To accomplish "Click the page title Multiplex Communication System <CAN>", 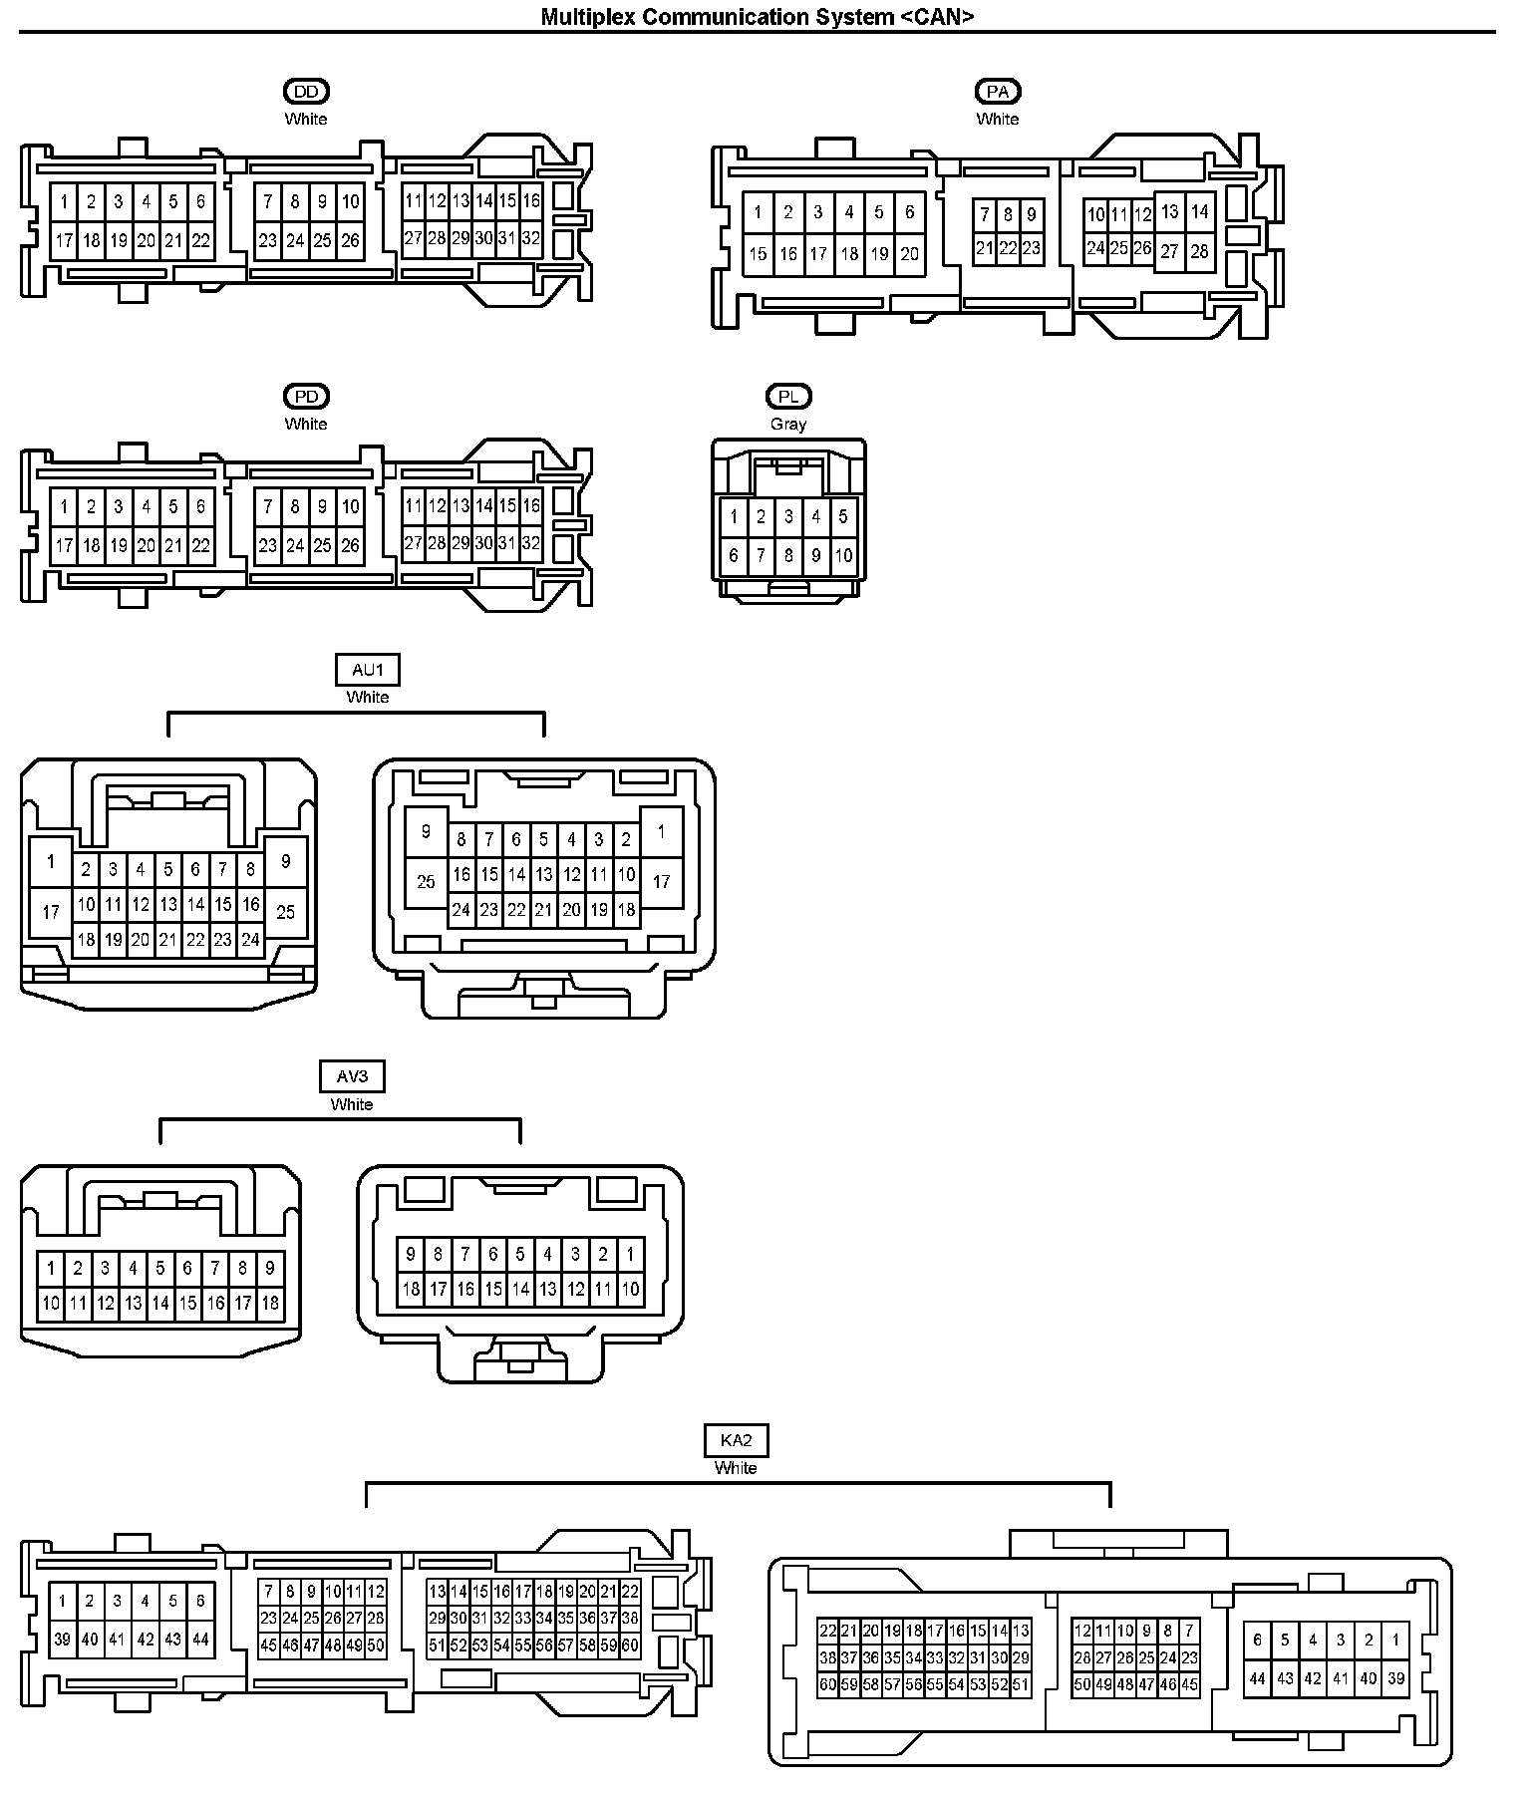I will (757, 16).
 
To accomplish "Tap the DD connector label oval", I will (306, 92).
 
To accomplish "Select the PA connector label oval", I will (998, 92).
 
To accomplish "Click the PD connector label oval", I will (306, 397).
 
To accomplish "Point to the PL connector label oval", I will (788, 397).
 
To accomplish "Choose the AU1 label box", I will (368, 671).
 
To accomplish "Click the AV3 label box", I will (352, 1076).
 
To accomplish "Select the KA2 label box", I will (736, 1440).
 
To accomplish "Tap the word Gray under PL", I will (788, 424).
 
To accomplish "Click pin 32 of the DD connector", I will (531, 239).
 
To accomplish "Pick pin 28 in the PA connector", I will (1199, 251).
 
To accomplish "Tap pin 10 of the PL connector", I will (843, 555).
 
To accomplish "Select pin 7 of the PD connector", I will (268, 506).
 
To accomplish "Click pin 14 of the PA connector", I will (1199, 211).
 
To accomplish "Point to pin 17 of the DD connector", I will (64, 240).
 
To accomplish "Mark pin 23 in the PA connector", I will (1032, 248).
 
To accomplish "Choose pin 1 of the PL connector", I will (734, 516).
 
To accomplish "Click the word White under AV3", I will (352, 1104).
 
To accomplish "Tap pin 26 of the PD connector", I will (350, 545).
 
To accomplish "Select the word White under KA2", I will (736, 1468).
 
